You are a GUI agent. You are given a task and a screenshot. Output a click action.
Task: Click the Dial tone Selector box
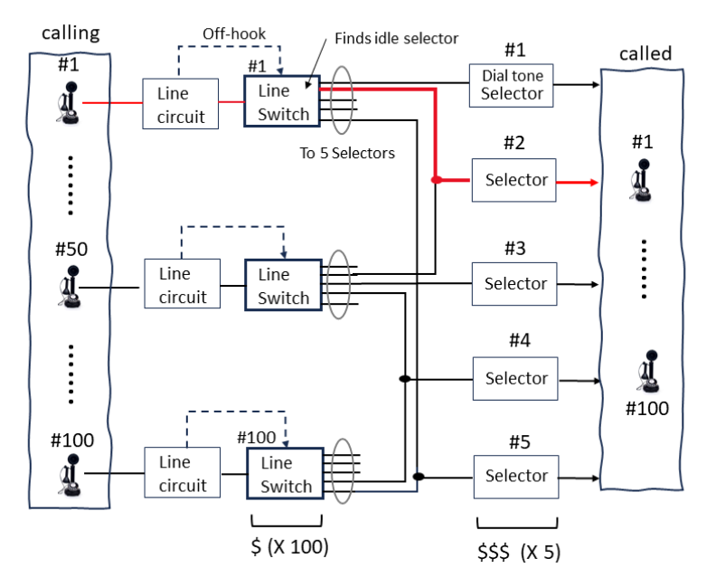pyautogui.click(x=512, y=85)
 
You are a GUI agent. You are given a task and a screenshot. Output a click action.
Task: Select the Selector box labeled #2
pyautogui.click(x=515, y=180)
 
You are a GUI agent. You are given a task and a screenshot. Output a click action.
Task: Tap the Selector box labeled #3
pyautogui.click(x=515, y=283)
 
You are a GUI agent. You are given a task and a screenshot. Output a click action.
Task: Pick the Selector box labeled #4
pyautogui.click(x=515, y=378)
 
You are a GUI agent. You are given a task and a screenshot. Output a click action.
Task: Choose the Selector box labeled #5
pyautogui.click(x=515, y=475)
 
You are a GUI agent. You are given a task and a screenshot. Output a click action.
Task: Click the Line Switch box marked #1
pyautogui.click(x=283, y=102)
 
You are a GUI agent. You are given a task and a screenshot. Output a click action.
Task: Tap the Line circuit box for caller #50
pyautogui.click(x=182, y=284)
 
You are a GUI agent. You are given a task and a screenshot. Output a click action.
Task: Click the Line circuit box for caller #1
pyautogui.click(x=181, y=103)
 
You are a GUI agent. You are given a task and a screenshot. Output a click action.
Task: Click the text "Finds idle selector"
pyautogui.click(x=396, y=39)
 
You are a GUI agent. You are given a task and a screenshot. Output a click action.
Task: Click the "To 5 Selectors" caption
pyautogui.click(x=347, y=153)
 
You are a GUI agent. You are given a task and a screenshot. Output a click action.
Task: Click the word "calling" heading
pyautogui.click(x=70, y=33)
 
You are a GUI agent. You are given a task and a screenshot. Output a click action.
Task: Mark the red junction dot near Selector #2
pyautogui.click(x=437, y=180)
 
